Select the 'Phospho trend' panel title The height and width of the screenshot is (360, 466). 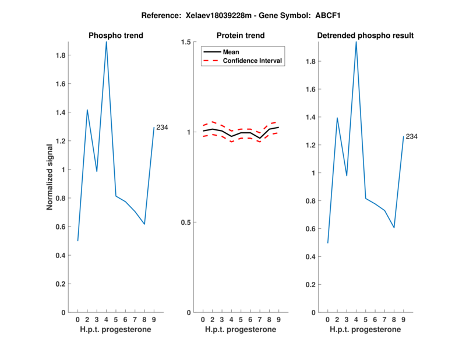coord(116,36)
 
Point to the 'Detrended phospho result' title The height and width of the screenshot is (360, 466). coord(365,36)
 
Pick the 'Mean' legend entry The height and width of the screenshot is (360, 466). coord(231,52)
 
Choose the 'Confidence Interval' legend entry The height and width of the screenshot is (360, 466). coord(253,61)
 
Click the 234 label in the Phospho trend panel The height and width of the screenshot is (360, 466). coord(162,127)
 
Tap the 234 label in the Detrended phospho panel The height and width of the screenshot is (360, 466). coord(412,136)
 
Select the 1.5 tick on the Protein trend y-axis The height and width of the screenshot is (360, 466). coord(186,42)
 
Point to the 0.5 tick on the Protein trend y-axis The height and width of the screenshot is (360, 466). coord(186,223)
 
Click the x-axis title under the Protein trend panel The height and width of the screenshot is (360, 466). coord(241,330)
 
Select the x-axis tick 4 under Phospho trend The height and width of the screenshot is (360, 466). coord(106,320)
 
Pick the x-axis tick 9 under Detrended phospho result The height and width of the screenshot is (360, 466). coord(403,320)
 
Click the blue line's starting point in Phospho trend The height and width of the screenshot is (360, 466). coord(77,241)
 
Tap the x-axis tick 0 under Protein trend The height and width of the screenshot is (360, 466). coord(203,320)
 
